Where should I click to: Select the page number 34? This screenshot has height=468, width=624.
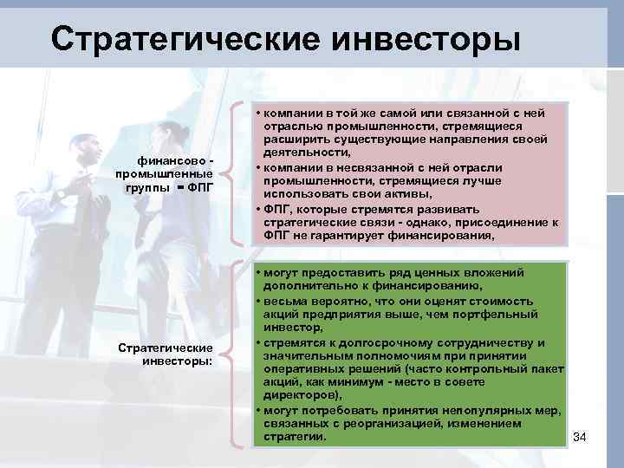click(580, 436)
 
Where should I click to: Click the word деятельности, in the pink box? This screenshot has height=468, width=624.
click(302, 154)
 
